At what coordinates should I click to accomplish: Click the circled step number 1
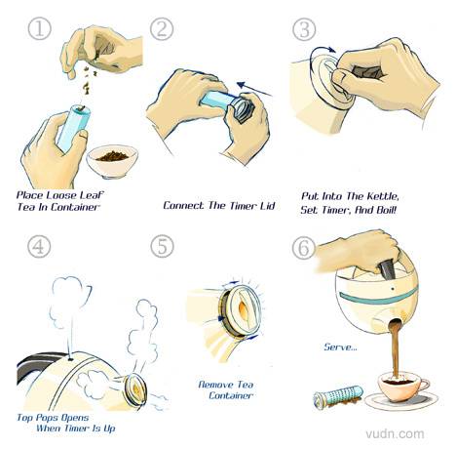coord(39,29)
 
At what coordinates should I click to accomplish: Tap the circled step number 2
coord(162,29)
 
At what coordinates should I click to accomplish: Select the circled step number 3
coord(304,29)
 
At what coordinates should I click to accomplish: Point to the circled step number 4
coord(39,246)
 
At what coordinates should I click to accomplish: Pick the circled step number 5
coord(162,246)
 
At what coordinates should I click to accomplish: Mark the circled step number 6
coord(304,247)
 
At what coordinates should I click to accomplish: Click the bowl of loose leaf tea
coord(112,161)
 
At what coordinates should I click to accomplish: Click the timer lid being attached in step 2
coord(243,109)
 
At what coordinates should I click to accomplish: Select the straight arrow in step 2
coord(254,89)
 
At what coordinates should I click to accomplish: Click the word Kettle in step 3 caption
coord(383,196)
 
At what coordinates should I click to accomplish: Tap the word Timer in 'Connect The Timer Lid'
coord(244,206)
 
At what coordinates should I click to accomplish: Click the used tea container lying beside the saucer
coord(338,395)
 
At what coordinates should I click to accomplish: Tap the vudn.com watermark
coord(395,433)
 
